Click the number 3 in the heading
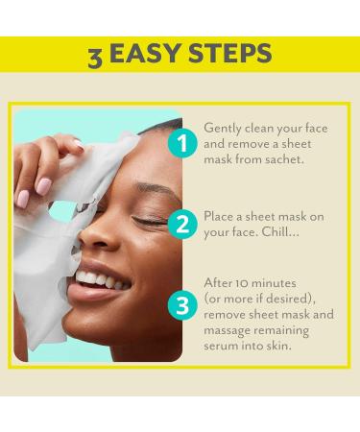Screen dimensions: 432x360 (94, 57)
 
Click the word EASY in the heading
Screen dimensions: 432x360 (149, 56)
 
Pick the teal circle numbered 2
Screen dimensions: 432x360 (181, 224)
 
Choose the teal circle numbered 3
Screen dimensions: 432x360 (181, 305)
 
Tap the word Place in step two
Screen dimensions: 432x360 (221, 215)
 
